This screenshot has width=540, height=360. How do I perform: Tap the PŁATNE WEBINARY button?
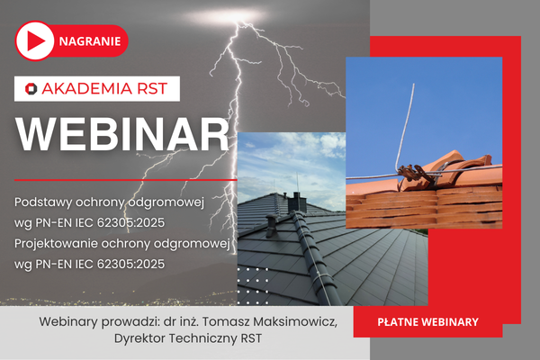click(427, 320)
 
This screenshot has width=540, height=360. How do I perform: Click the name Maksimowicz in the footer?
click(296, 322)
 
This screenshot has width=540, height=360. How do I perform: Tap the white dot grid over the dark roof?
click(254, 280)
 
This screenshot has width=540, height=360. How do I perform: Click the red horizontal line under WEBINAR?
click(126, 180)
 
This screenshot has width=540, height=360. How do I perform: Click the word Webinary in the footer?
click(71, 322)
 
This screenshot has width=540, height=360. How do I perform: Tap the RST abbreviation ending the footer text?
click(255, 339)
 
